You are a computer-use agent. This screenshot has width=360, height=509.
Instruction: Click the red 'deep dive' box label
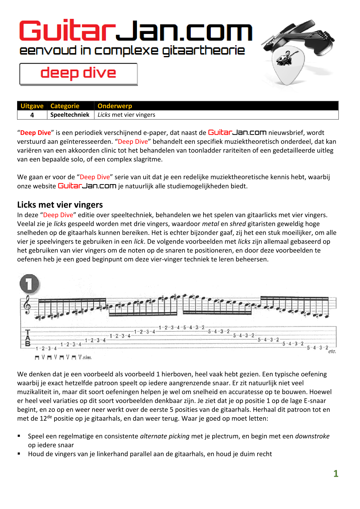pyautogui.click(x=78, y=73)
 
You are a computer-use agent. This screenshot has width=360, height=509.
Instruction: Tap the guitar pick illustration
pyautogui.click(x=287, y=65)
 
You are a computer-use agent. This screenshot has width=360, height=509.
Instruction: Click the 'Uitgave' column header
pyautogui.click(x=32, y=106)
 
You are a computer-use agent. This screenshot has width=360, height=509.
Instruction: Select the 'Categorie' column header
pyautogui.click(x=65, y=106)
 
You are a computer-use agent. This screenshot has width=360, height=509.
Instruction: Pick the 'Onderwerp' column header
pyautogui.click(x=115, y=106)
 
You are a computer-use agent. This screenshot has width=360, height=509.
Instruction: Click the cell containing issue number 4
pyautogui.click(x=32, y=115)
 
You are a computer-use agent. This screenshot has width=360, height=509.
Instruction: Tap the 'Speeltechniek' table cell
pyautogui.click(x=70, y=115)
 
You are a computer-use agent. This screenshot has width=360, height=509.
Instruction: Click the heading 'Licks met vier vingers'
pyautogui.click(x=60, y=205)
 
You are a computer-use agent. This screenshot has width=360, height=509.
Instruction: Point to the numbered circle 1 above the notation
pyautogui.click(x=29, y=284)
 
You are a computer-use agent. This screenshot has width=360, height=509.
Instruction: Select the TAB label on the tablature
pyautogui.click(x=28, y=338)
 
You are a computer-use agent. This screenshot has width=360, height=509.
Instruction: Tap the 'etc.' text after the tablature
pyautogui.click(x=332, y=351)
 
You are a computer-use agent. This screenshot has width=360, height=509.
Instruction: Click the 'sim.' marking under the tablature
pyautogui.click(x=87, y=358)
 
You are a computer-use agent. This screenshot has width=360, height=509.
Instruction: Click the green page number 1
pyautogui.click(x=336, y=474)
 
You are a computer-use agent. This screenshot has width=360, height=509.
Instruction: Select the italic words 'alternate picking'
pyautogui.click(x=165, y=436)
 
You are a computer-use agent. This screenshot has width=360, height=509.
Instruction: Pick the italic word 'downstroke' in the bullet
pyautogui.click(x=312, y=436)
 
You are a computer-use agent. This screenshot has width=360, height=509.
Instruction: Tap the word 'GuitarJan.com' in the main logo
pyautogui.click(x=136, y=31)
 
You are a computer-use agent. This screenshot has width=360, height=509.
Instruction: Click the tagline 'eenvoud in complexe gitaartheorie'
pyautogui.click(x=132, y=51)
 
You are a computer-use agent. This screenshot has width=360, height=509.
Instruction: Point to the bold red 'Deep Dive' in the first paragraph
pyautogui.click(x=35, y=133)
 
